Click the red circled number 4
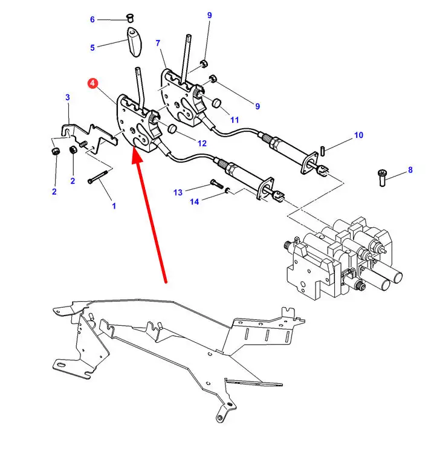pyautogui.click(x=92, y=83)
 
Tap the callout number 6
pyautogui.click(x=92, y=19)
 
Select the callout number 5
pyautogui.click(x=92, y=47)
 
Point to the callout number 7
pyautogui.click(x=158, y=44)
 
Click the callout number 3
pyautogui.click(x=68, y=97)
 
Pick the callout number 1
pyautogui.click(x=114, y=206)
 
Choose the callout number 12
pyautogui.click(x=202, y=143)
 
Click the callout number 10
pyautogui.click(x=358, y=135)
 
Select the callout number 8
pyautogui.click(x=410, y=170)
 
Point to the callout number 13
pyautogui.click(x=178, y=192)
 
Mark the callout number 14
pyautogui.click(x=194, y=201)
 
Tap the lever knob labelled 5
pyautogui.click(x=134, y=39)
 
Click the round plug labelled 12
pyautogui.click(x=171, y=129)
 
